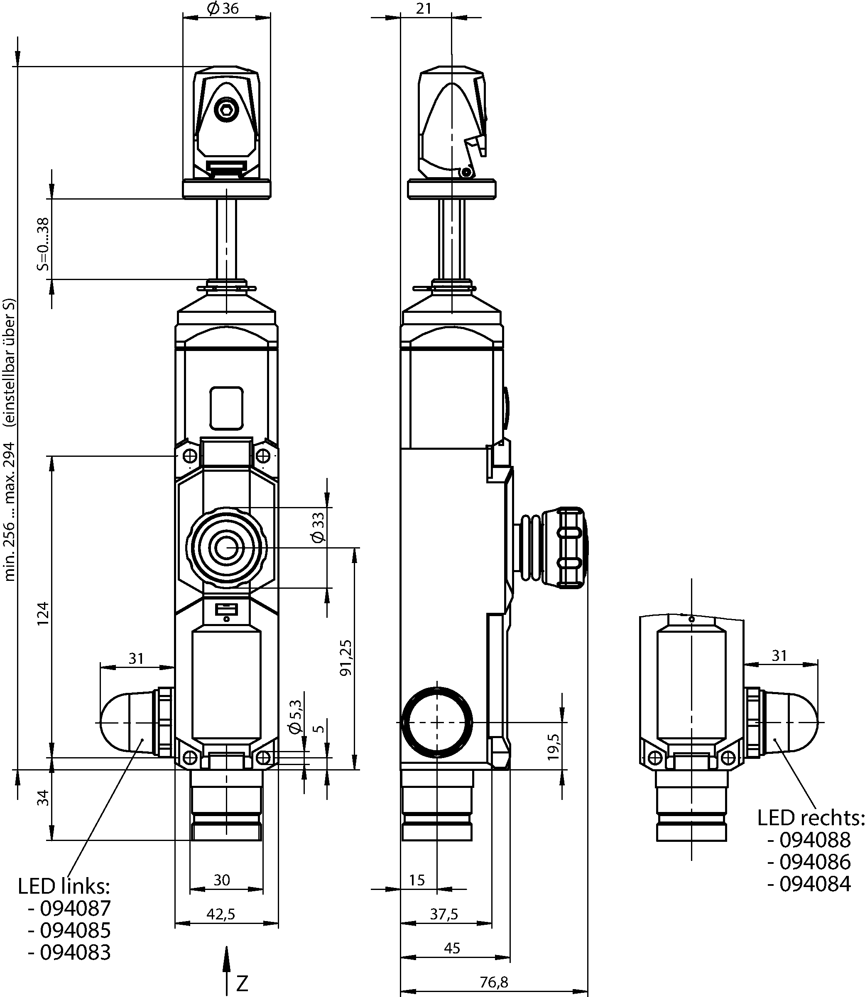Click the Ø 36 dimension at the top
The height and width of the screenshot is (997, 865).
click(223, 8)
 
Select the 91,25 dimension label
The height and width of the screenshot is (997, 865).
click(346, 658)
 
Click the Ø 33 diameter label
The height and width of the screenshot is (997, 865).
click(319, 528)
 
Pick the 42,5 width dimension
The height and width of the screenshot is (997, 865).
click(221, 914)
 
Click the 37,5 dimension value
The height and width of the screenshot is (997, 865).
click(444, 914)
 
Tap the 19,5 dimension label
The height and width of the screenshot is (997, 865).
click(553, 747)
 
